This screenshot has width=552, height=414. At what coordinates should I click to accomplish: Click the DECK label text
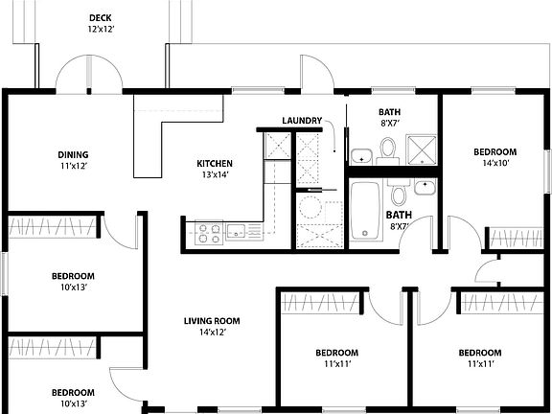click(x=99, y=17)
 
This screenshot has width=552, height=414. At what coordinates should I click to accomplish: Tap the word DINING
click(x=73, y=154)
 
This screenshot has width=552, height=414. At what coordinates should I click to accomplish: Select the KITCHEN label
click(x=215, y=163)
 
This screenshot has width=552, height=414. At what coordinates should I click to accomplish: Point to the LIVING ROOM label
click(x=212, y=321)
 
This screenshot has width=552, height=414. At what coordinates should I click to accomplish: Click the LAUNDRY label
click(x=302, y=120)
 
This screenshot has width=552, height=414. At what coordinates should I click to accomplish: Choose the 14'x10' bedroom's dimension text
click(x=494, y=164)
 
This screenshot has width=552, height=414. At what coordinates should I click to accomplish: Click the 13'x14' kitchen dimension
click(x=215, y=175)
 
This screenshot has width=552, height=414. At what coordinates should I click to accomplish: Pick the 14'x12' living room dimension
click(x=212, y=333)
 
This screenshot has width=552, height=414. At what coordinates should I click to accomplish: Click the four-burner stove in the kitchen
click(x=210, y=231)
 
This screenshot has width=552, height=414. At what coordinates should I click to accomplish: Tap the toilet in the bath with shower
click(x=388, y=149)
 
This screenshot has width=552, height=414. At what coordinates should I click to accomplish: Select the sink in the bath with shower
click(x=361, y=156)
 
